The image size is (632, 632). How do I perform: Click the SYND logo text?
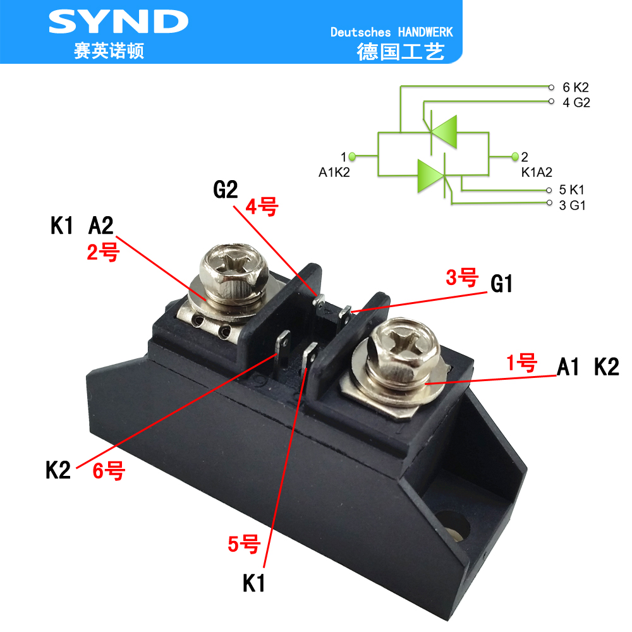click(x=118, y=23)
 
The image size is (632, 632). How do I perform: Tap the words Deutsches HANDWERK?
click(x=392, y=32)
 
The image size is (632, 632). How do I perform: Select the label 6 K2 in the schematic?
click(x=575, y=87)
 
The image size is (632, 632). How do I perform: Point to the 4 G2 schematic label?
click(x=576, y=102)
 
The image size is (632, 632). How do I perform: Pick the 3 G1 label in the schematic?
click(x=573, y=205)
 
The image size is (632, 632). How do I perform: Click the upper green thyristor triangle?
click(x=442, y=133)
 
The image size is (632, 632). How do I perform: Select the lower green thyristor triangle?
click(x=431, y=174)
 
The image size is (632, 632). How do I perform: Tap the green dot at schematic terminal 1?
click(x=353, y=156)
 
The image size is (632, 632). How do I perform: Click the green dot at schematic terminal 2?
click(x=515, y=156)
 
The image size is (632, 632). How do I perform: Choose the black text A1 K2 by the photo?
click(x=588, y=367)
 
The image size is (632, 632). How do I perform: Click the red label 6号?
click(x=109, y=471)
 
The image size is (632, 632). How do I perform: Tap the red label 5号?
click(x=244, y=544)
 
